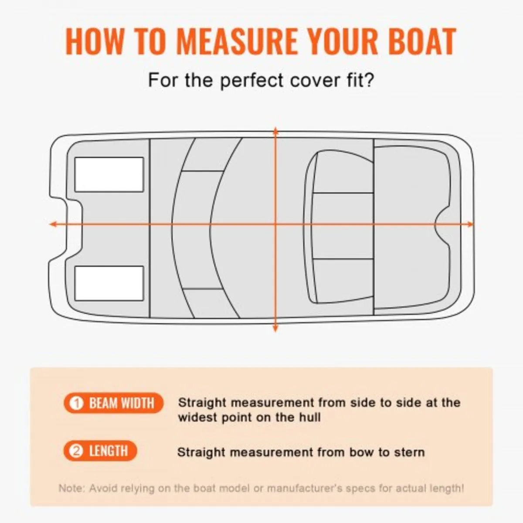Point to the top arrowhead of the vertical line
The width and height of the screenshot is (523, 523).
pos(275,130)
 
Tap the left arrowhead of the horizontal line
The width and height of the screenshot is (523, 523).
pos(52,224)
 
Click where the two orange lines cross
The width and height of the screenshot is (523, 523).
pos(275,224)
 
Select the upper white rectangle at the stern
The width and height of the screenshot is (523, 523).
pos(109,174)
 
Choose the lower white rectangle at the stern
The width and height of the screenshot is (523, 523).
pos(109,283)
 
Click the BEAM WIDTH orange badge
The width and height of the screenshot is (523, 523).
pos(113,403)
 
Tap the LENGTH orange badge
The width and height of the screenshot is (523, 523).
pos(100,451)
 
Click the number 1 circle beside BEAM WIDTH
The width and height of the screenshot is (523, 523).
pos(77,403)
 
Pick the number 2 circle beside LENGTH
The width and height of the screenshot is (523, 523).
pos(77,451)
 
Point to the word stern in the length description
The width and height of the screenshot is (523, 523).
pos(409,452)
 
